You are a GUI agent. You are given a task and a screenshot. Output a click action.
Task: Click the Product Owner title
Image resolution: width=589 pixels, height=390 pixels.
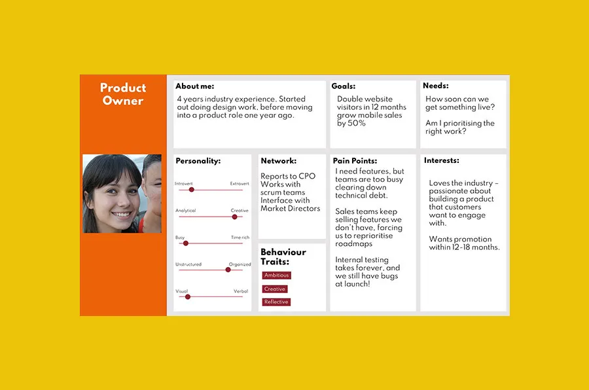pos(123,94)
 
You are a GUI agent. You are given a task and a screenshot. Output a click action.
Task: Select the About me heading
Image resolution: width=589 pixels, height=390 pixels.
pos(194,86)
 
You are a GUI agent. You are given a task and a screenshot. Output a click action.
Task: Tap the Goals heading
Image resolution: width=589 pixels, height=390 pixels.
pos(344,86)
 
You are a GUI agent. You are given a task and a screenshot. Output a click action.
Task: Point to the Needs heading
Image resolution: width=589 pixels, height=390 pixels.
pos(435,86)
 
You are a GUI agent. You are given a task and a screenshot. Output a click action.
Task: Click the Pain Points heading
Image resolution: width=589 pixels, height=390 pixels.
pos(355,161)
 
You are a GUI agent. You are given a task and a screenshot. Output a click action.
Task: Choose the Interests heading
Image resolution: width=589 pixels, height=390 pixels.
pos(441,160)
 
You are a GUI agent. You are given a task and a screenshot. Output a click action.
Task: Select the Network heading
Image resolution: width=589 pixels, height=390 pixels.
pos(278,161)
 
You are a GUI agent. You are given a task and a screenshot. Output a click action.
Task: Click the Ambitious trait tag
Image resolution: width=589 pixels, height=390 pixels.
pos(276,275)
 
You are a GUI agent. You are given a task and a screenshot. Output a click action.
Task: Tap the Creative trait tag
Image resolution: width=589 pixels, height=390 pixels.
pos(275,289)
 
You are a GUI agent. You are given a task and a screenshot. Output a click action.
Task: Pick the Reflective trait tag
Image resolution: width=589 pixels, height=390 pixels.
pos(276,302)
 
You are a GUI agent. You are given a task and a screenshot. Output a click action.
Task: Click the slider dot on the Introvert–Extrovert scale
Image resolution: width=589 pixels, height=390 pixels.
pos(191,190)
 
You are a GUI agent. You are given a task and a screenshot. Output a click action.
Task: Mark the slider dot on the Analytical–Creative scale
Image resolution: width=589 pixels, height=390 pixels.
pos(234,217)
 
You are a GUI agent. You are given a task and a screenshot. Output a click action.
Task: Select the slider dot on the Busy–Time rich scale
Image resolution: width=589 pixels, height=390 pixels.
pos(185,243)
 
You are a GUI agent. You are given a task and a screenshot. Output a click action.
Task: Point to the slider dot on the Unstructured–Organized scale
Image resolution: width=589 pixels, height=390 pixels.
pos(229,270)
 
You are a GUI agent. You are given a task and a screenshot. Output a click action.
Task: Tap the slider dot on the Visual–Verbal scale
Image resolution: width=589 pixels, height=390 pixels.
pos(187,296)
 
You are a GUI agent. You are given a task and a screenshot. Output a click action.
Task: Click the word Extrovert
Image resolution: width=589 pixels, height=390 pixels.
pos(240,184)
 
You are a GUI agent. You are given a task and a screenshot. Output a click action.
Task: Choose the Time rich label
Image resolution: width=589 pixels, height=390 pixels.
pos(240,238)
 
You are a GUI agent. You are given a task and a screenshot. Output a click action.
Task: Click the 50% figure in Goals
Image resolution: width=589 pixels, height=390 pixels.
pos(357,123)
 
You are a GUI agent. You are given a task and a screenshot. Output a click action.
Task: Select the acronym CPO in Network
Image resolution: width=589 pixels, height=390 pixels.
pos(307,177)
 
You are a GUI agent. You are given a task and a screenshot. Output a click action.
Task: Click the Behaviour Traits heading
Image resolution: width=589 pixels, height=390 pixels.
pos(283,257)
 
